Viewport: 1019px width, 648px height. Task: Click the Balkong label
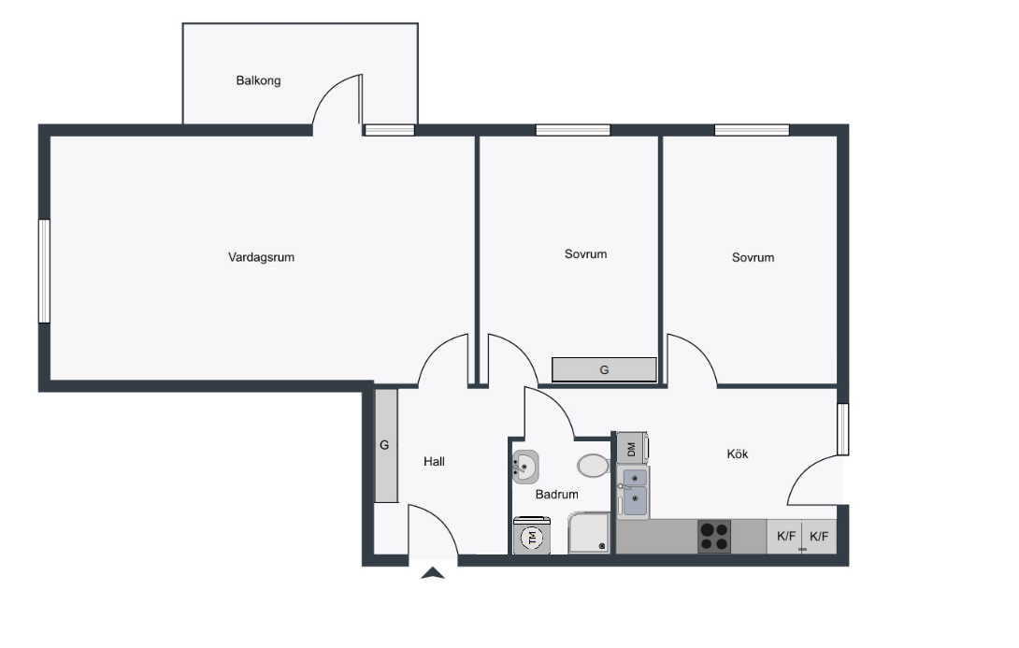(x=258, y=80)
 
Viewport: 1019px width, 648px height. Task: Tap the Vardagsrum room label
(x=261, y=257)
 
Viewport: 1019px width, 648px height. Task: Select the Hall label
(x=434, y=462)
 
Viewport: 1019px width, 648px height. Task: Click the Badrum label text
(x=557, y=495)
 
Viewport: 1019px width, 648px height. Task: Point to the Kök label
(x=738, y=454)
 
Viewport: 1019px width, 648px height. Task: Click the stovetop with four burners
(x=714, y=537)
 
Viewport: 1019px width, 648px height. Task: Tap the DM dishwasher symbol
(x=632, y=449)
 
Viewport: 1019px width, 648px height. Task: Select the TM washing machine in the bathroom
(x=532, y=536)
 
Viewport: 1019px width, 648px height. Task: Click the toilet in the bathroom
(x=593, y=466)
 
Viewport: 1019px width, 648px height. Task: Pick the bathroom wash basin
(x=525, y=467)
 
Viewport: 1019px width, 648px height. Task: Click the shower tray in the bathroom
(x=589, y=534)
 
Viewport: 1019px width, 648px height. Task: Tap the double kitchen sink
(x=634, y=492)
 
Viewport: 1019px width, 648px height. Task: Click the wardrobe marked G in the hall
(x=385, y=445)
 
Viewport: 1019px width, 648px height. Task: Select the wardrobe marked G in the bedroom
(x=604, y=370)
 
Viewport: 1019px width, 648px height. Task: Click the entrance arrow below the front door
(x=433, y=573)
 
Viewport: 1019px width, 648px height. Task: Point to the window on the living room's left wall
(x=44, y=271)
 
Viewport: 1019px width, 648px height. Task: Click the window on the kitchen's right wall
(x=843, y=429)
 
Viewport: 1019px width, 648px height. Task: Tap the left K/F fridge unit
(x=785, y=537)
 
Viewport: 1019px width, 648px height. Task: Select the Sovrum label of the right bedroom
(x=753, y=257)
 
